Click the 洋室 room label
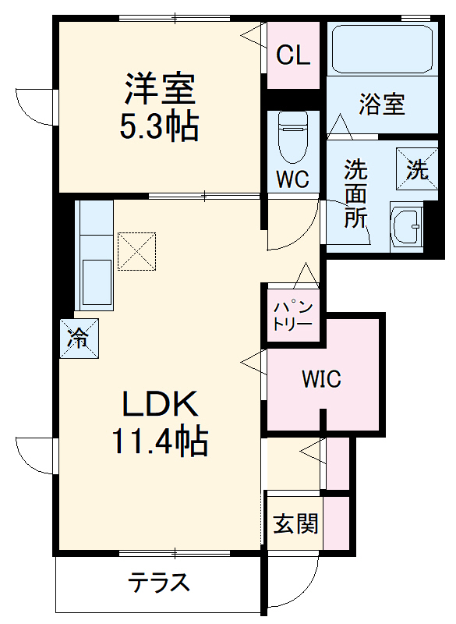click(158, 90)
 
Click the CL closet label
click(294, 55)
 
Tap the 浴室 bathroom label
click(382, 105)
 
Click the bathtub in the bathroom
click(381, 49)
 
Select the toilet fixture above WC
click(293, 136)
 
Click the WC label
click(293, 180)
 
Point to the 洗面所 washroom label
click(355, 194)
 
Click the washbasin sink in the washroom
click(405, 228)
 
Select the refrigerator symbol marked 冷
click(79, 339)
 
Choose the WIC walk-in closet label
click(321, 380)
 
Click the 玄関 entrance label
click(295, 523)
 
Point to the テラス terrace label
click(159, 583)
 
